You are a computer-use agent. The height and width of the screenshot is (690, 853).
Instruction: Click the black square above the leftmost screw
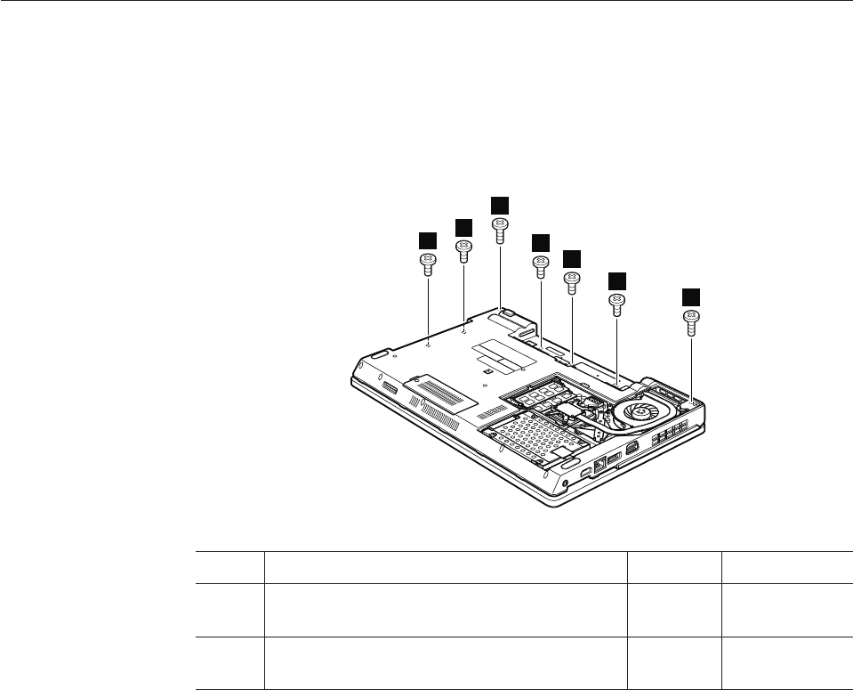[427, 239]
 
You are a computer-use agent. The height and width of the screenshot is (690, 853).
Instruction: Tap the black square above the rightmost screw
[690, 296]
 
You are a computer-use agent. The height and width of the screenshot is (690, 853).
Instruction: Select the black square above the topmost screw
[501, 204]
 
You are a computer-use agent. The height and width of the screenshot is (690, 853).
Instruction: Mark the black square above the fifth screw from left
[572, 258]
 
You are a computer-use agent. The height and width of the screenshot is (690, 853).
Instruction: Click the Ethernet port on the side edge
[601, 462]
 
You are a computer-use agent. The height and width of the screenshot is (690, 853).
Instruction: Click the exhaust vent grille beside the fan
[672, 434]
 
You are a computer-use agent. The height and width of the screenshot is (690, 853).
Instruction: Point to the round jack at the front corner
[567, 483]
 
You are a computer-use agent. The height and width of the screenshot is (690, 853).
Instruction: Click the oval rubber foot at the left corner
[377, 354]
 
